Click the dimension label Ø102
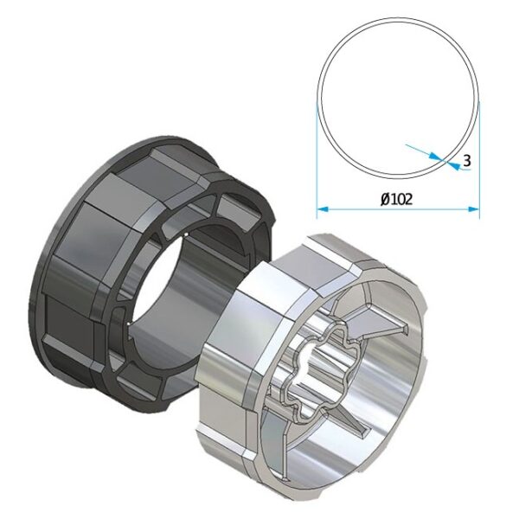[x=397, y=199]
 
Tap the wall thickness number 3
[x=467, y=161]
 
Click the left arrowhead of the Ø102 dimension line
[x=322, y=208]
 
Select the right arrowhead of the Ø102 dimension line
[x=474, y=208]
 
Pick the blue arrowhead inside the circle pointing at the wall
[x=436, y=157]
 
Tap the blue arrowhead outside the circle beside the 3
[x=454, y=166]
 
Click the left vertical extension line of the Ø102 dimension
[x=317, y=159]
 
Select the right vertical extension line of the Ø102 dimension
[x=479, y=159]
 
